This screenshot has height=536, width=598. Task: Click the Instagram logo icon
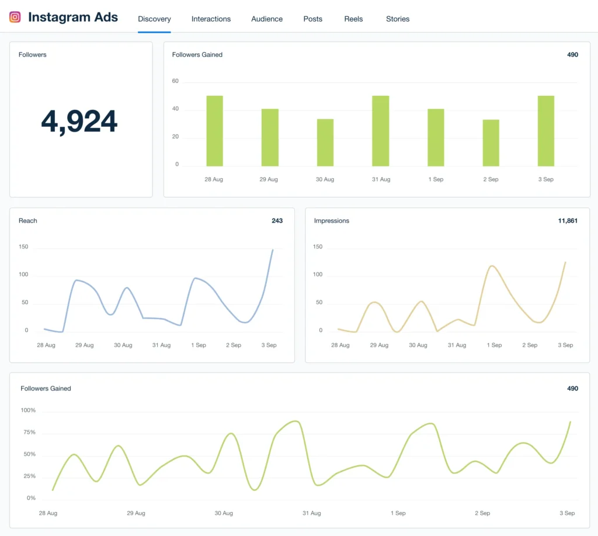[x=15, y=17]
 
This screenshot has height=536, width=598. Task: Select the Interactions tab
[x=211, y=19]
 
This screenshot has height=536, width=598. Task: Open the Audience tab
[x=267, y=19]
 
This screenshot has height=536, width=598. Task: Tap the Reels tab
[x=353, y=19]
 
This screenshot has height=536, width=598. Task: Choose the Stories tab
[x=398, y=19]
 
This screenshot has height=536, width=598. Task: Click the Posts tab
[x=312, y=19]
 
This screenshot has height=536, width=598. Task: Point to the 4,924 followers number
[x=79, y=121]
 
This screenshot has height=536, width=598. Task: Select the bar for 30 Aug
[x=325, y=143]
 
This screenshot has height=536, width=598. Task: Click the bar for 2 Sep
[x=491, y=143]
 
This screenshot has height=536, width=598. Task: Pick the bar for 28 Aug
[x=214, y=131]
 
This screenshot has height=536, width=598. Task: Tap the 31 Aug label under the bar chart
[x=381, y=179]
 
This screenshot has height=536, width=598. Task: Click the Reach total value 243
[x=277, y=220]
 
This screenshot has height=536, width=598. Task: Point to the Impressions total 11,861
[x=568, y=220]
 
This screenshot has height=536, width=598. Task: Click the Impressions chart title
[x=332, y=220]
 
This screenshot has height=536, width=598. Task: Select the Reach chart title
[x=27, y=220]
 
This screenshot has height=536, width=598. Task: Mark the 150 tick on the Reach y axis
[x=23, y=247]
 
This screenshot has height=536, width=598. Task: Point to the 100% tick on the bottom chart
[x=28, y=410]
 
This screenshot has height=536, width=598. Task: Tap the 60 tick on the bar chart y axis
[x=175, y=81]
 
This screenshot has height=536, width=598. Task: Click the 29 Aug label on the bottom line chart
[x=136, y=513]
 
